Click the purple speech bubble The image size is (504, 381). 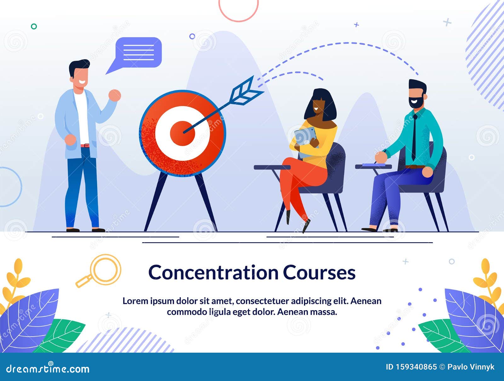pos(138,53)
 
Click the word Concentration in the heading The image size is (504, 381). pos(214,272)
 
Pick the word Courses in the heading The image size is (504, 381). pos(319,272)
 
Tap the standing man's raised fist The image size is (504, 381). pos(115,95)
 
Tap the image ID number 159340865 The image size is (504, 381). pos(416,367)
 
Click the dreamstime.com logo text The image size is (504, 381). pos(48,368)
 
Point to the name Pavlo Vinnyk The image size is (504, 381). pos(471,367)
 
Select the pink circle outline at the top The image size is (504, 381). pos(238,9)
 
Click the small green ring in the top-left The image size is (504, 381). pos(34,26)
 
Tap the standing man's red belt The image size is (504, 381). pos(85,145)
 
